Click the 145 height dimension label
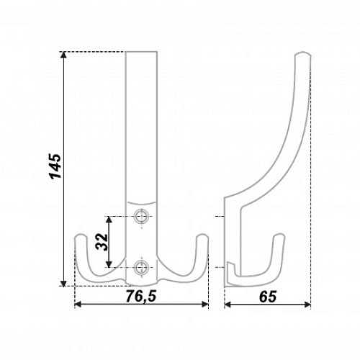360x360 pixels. (55, 166)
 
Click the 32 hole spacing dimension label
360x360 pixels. (102, 242)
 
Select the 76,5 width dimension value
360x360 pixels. (141, 296)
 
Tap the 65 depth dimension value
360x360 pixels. (268, 297)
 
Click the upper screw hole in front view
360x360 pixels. (141, 217)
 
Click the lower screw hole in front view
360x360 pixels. (141, 267)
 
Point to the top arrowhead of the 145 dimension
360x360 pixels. (63, 55)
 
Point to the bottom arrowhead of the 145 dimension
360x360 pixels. (63, 283)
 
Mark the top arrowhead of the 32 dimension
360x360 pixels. (109, 220)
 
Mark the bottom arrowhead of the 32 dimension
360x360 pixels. (109, 264)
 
